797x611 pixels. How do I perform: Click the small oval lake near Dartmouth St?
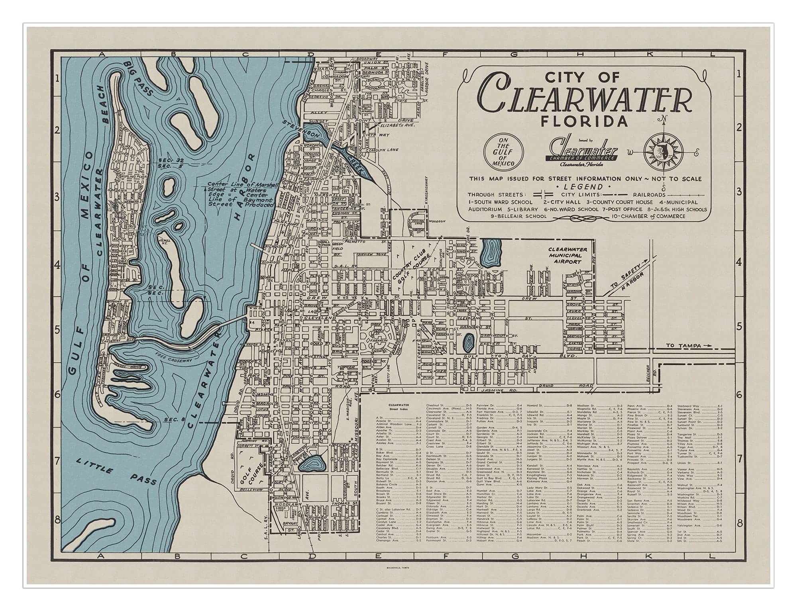point(468,341)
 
